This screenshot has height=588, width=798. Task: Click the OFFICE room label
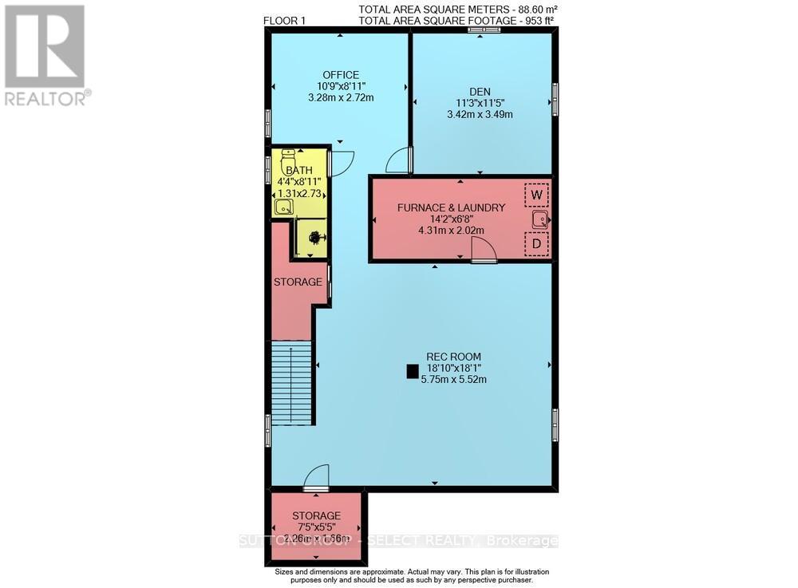coord(341,75)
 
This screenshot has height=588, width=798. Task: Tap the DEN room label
coord(479,91)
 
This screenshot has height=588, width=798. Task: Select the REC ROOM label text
coord(453,357)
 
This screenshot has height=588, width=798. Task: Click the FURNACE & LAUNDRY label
coord(452,207)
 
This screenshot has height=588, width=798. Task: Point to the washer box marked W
coord(536,195)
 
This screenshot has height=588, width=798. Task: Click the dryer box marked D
coord(536,243)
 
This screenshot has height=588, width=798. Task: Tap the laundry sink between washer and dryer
coord(539,219)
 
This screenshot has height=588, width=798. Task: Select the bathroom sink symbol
coord(282,207)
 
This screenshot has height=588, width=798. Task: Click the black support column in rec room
coord(412,370)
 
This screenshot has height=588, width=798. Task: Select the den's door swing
coord(397,162)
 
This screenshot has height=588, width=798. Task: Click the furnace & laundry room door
coord(484,251)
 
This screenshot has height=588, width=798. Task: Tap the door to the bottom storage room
coord(316,477)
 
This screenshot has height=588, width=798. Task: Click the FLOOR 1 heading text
coord(285,21)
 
